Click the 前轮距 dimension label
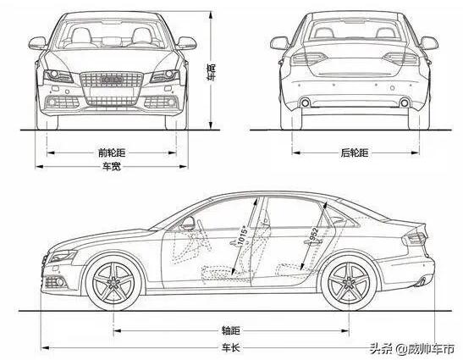coord(112,152)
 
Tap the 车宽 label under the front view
coord(112,166)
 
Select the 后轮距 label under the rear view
coord(355,152)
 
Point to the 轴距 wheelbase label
coord(230,330)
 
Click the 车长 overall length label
coord(230,347)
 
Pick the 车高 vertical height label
coord(211,72)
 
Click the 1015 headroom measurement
coord(243,235)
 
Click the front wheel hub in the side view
coord(113,283)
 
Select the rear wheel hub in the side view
coord(349,283)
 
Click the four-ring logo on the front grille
coord(112,80)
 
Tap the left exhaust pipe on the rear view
coord(305,102)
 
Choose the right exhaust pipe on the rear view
coord(405,102)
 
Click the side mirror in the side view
coord(188,223)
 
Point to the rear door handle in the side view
coord(313,242)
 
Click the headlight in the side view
coord(63,256)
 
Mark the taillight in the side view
coord(415,237)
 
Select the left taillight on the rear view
coord(309,58)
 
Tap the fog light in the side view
coord(56,282)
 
